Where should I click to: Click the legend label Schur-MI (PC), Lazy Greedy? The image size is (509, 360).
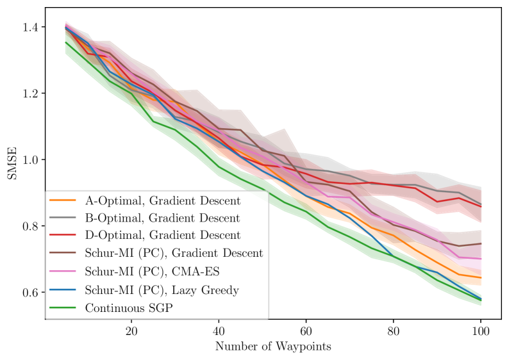click(162, 290)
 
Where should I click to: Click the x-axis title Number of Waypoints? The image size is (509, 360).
click(274, 347)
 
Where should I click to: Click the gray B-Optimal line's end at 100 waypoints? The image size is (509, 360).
click(480, 204)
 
